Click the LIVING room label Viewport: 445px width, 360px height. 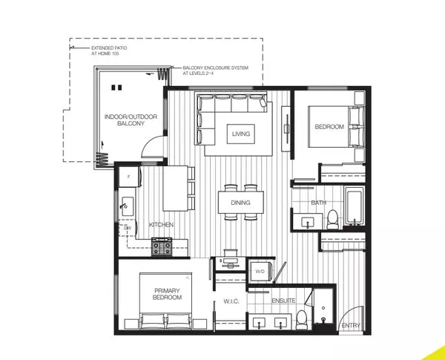coord(241,134)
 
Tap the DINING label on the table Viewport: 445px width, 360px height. coord(240,202)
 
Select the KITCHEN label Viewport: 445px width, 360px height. coord(161,223)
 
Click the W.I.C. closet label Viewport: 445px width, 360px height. coord(230,302)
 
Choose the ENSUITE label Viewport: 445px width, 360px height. coord(283,301)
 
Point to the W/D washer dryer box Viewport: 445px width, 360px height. coord(260,272)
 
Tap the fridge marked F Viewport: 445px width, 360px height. coord(128,178)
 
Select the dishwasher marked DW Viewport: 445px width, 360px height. coord(127,228)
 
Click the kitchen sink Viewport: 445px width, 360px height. coord(126,202)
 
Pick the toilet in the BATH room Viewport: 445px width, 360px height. coord(333,218)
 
